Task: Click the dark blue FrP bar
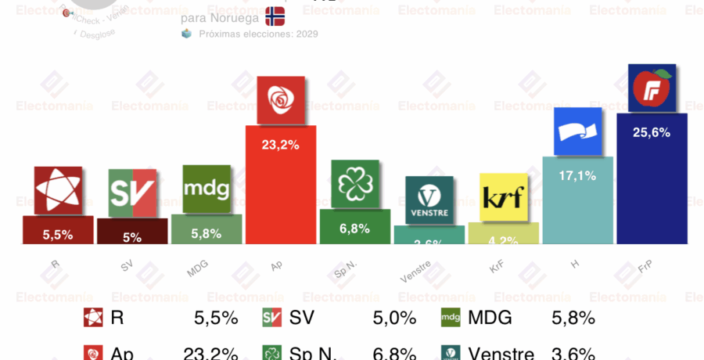coord(652,188)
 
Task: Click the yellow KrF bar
coord(503,234)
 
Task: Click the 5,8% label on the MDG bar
coord(206,233)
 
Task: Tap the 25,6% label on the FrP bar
coord(652,132)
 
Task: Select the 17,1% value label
coord(577,176)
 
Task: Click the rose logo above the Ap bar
coord(280,99)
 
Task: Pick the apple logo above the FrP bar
coord(652,88)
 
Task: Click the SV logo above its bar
coord(131,193)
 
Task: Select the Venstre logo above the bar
coord(429,200)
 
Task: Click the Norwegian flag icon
coord(275,16)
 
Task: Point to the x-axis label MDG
coord(197,268)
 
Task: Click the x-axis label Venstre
coord(415,271)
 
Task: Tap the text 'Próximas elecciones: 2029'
coord(258,34)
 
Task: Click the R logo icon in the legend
coord(93,318)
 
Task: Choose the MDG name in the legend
coord(490,318)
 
